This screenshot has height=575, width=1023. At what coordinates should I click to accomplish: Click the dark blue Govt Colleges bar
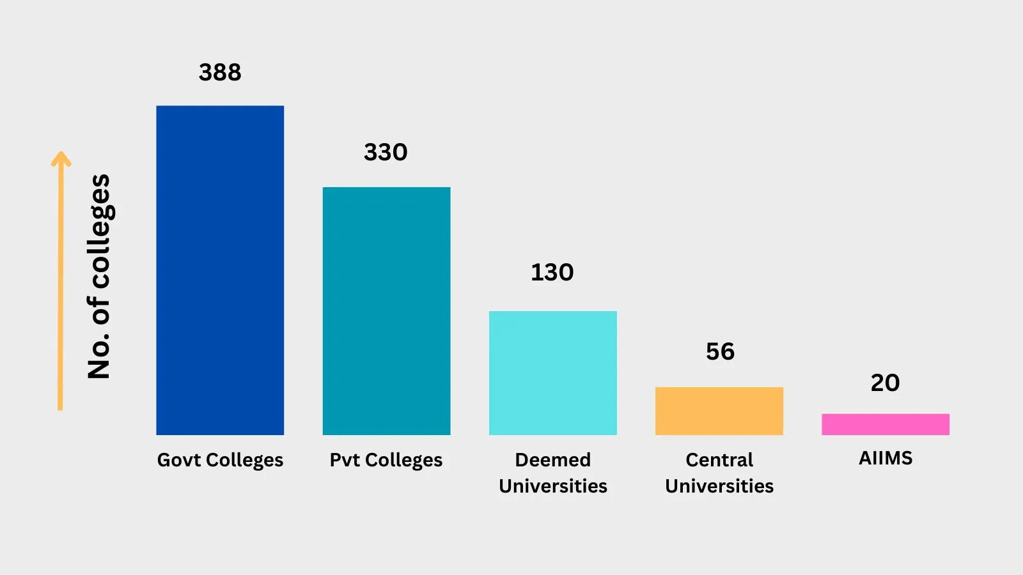tap(220, 270)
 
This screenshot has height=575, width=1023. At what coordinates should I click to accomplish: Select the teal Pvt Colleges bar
tap(386, 311)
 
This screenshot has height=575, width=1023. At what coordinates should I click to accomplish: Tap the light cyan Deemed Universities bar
tap(552, 373)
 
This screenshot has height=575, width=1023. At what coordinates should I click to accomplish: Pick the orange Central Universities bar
tap(719, 411)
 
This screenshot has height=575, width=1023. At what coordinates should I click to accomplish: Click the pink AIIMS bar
tap(885, 424)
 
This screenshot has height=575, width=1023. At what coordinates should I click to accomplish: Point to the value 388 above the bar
tap(220, 72)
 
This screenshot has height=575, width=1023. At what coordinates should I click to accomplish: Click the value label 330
tap(386, 152)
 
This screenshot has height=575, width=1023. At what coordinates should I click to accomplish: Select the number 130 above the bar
tap(552, 272)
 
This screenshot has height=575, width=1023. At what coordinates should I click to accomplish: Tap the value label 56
tap(720, 351)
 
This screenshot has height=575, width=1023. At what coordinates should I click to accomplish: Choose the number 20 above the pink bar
tap(885, 383)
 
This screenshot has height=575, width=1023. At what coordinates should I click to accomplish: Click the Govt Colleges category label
tap(220, 460)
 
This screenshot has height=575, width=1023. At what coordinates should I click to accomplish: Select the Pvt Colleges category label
tap(386, 460)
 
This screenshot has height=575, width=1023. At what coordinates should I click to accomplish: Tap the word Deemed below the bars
tap(552, 459)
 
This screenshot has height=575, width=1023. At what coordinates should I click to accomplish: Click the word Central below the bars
tap(719, 459)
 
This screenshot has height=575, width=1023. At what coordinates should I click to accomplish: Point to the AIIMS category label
tap(886, 458)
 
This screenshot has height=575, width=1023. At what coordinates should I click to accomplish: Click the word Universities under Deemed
tap(552, 486)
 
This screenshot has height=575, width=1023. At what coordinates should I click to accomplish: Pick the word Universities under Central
tap(719, 486)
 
